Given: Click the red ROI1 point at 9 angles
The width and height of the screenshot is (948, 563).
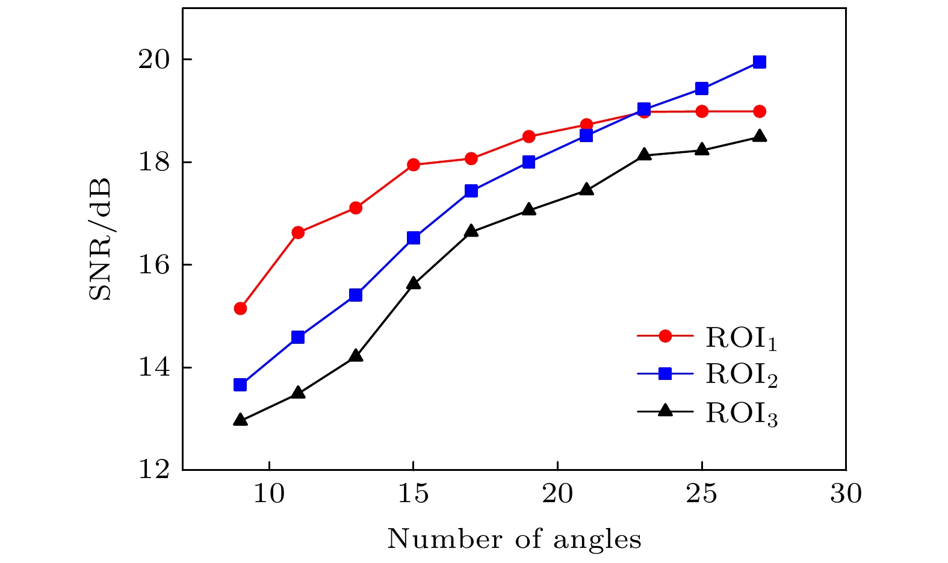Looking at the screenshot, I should (x=240, y=308).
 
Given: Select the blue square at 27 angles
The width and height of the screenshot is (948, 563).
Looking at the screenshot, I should (x=760, y=62).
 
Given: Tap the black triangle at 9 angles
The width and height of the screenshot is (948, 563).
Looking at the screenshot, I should (x=240, y=420).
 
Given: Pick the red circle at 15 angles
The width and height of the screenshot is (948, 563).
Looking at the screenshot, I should (x=414, y=165).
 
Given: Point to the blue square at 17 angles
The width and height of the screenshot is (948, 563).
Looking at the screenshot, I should (x=471, y=191).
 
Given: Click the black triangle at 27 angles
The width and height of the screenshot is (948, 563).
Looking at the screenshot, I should (x=760, y=137).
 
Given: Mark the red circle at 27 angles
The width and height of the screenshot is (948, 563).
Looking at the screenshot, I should (x=760, y=111).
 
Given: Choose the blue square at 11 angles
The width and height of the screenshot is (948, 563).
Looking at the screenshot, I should (x=298, y=337).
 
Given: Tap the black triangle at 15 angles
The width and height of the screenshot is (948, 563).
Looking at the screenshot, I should (x=414, y=284).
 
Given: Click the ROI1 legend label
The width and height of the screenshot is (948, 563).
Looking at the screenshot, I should (x=742, y=339).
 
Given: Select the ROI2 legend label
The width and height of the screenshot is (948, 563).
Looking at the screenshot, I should (x=742, y=375).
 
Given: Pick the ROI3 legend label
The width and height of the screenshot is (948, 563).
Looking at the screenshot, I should (x=742, y=414).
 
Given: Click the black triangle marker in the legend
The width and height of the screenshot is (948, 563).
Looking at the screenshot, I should (x=665, y=411).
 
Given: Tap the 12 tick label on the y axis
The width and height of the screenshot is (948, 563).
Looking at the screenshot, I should (x=155, y=470).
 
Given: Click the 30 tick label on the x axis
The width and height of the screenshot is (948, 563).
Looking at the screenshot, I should (x=846, y=494).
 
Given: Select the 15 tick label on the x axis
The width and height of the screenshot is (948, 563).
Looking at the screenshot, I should (x=414, y=494).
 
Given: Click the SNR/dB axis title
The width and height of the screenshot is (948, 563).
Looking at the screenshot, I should (x=101, y=239).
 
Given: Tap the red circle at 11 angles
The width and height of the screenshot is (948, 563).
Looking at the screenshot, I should (x=298, y=232).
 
